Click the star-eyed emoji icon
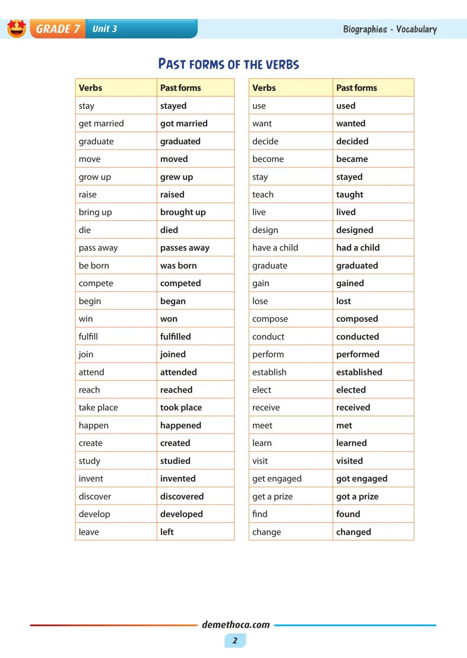tap(17, 29)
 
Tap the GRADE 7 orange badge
tap(58, 29)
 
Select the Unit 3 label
tap(105, 29)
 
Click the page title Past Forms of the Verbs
tap(228, 64)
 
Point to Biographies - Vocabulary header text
tap(390, 29)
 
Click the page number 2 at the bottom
tap(235, 640)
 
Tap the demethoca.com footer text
tap(236, 625)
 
